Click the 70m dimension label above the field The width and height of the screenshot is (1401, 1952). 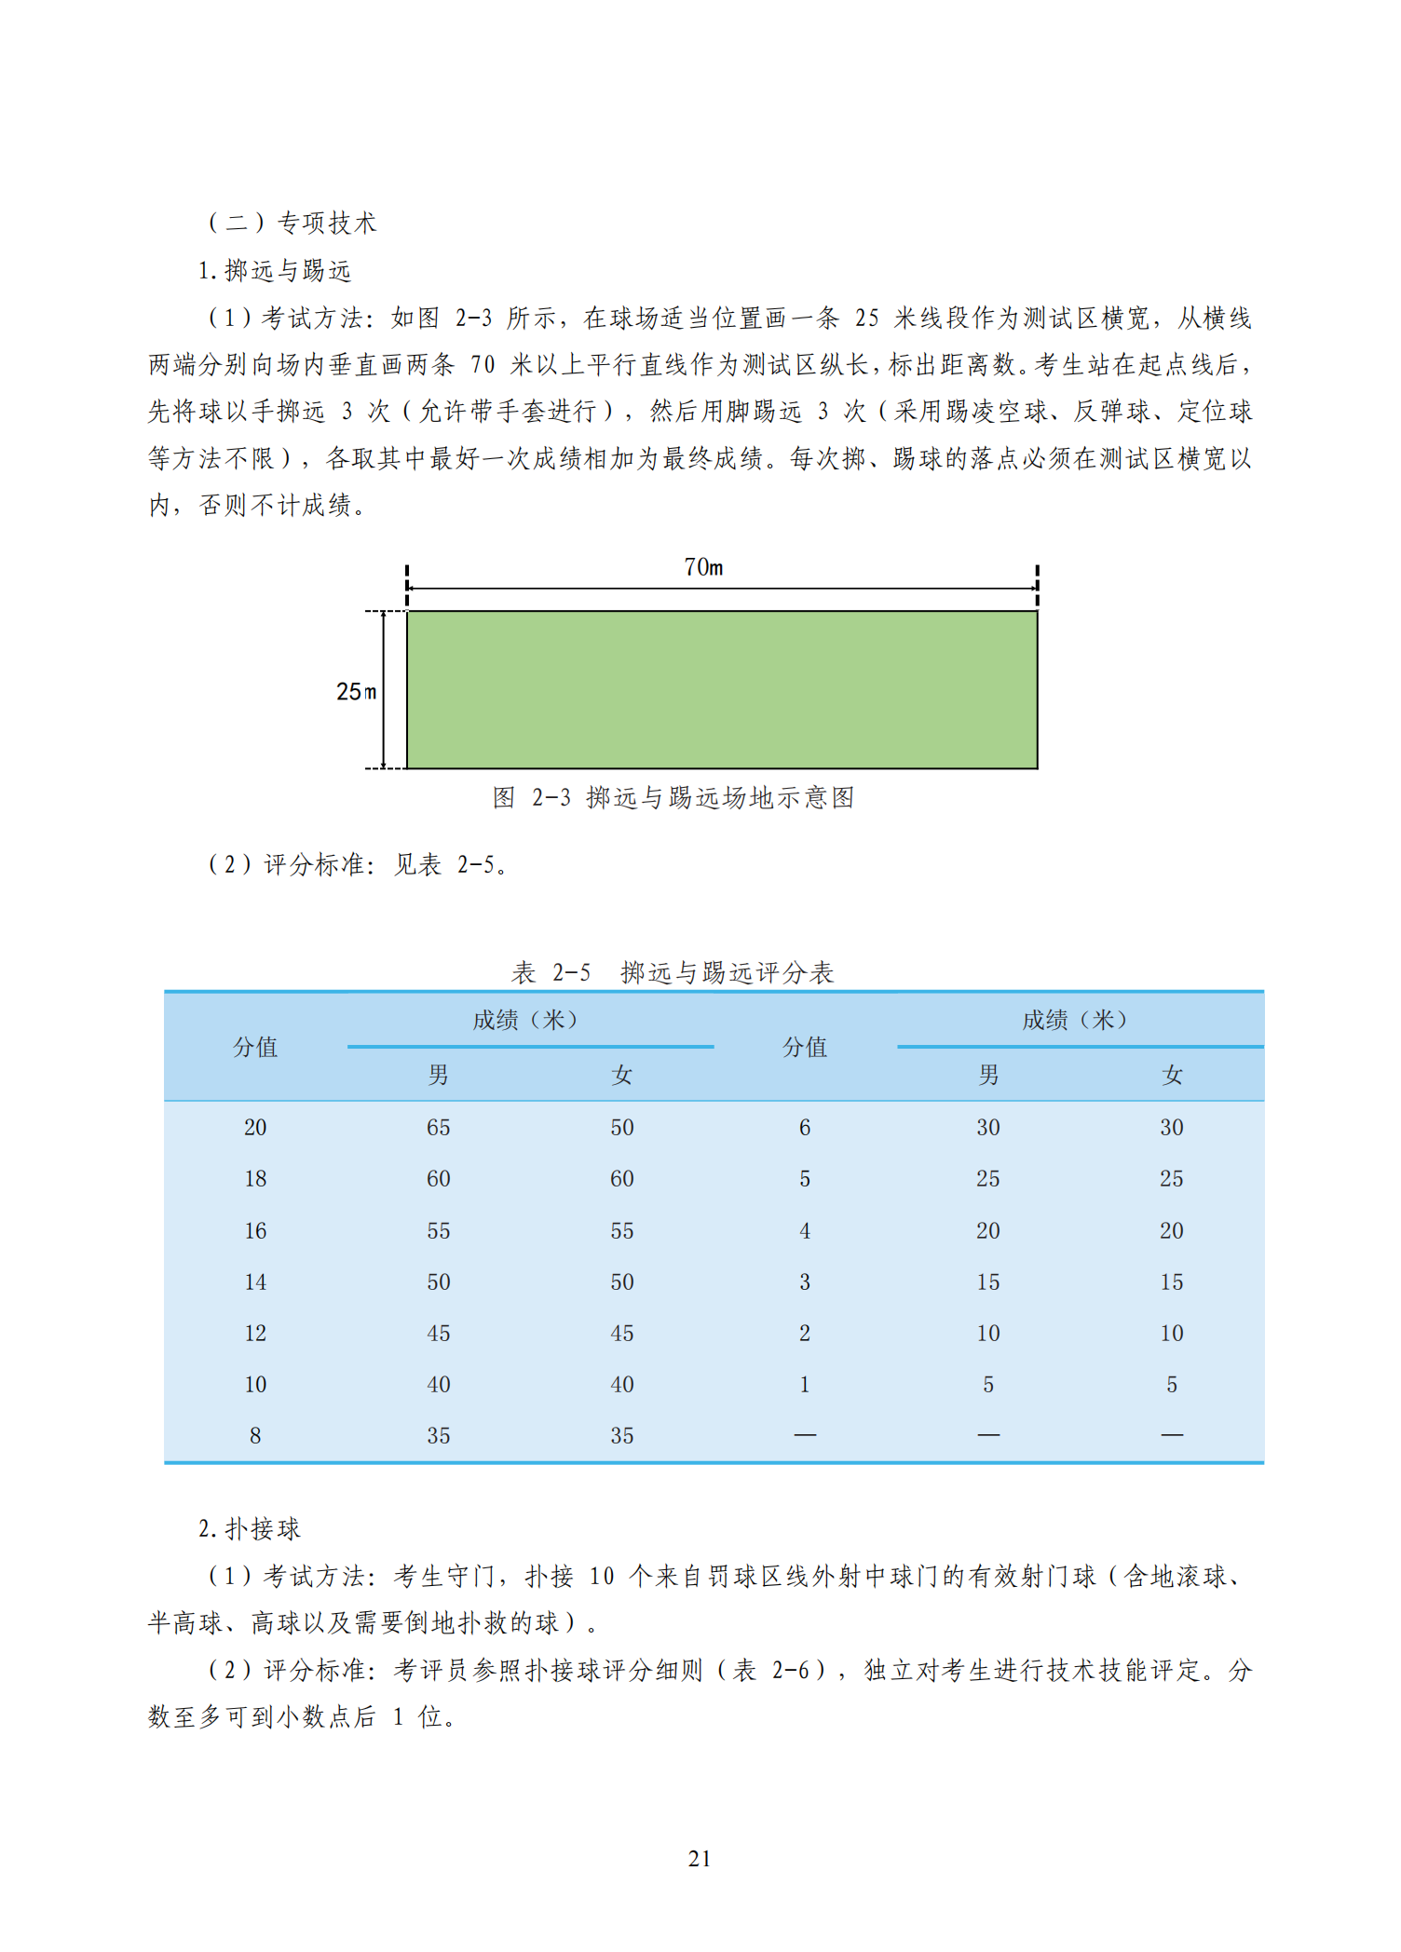(703, 567)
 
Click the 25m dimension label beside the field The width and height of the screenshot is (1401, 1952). (356, 692)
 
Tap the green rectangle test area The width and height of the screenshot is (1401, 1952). (722, 690)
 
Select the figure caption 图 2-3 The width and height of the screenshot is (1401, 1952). (673, 798)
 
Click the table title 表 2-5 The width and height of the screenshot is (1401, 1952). (672, 973)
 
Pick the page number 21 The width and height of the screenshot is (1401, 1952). (700, 1859)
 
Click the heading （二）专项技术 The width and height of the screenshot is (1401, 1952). (292, 223)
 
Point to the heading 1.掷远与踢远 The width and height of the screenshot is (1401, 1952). (275, 271)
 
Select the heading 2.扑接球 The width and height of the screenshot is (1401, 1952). (250, 1529)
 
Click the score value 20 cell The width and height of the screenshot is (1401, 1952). (255, 1128)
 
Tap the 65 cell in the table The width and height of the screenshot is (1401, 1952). (439, 1128)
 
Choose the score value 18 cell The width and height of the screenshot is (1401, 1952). (255, 1179)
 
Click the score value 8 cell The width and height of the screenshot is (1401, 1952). (255, 1436)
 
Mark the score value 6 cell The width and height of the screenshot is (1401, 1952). (805, 1128)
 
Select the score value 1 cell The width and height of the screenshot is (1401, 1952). (805, 1385)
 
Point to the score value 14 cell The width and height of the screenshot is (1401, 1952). (255, 1282)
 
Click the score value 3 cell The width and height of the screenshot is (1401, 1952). (805, 1282)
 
